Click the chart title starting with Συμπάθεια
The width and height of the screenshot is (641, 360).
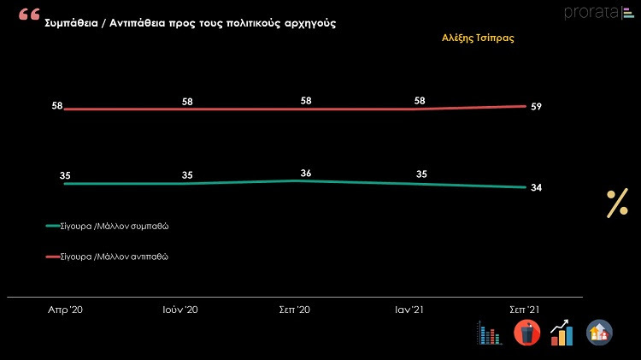click(x=190, y=23)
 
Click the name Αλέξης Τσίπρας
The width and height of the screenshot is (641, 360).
click(x=478, y=38)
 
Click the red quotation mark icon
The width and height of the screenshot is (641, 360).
click(x=28, y=16)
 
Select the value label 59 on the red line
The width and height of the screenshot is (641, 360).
click(x=536, y=107)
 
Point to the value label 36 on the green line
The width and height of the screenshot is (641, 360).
click(x=306, y=174)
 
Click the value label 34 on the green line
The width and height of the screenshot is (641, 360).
click(x=536, y=188)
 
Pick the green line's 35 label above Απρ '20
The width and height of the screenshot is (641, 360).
click(x=65, y=175)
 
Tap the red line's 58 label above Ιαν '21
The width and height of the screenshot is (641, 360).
click(x=420, y=101)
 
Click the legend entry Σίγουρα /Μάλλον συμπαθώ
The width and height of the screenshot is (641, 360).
click(x=119, y=227)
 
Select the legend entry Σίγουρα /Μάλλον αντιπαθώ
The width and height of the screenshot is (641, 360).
click(x=119, y=257)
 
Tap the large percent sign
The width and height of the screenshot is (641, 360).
click(x=617, y=204)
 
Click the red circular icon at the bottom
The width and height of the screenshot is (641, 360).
click(x=526, y=333)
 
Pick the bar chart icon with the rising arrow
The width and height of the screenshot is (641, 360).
click(x=562, y=333)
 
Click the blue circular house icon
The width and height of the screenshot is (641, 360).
click(x=599, y=333)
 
